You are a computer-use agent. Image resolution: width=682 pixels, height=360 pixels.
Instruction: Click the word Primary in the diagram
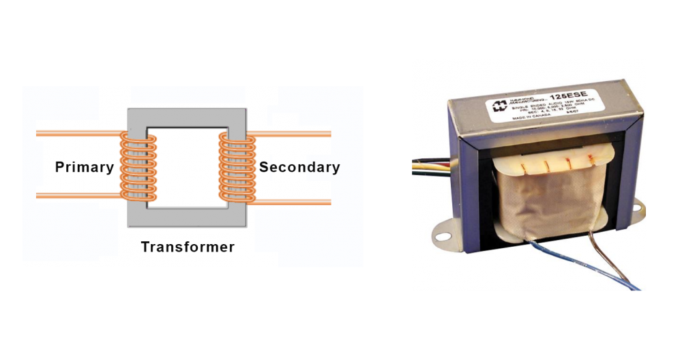[84, 168]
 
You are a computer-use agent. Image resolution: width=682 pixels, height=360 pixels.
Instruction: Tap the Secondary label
[299, 168]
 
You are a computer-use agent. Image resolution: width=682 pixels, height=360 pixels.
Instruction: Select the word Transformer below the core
[188, 247]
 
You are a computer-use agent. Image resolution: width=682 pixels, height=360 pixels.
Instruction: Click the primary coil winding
[138, 168]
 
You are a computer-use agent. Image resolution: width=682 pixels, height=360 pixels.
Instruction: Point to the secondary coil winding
[237, 168]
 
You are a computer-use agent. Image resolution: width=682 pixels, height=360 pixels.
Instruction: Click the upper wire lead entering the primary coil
[75, 134]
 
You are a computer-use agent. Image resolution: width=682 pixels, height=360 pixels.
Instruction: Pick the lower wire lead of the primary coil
[75, 196]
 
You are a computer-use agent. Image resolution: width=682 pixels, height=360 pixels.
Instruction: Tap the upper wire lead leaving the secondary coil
[293, 134]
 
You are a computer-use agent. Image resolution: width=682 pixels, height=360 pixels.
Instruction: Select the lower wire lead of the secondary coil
[293, 202]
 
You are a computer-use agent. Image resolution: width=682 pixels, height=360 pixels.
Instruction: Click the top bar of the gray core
[188, 117]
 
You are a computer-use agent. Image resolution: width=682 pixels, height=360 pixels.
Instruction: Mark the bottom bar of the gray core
[188, 217]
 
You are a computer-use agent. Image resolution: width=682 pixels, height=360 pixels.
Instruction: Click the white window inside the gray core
[188, 168]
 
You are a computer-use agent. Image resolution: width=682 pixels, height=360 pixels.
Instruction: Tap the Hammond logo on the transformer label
[500, 106]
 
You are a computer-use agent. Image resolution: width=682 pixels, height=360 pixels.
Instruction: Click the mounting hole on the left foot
[445, 237]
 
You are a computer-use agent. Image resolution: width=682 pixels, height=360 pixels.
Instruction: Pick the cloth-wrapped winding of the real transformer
[546, 198]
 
